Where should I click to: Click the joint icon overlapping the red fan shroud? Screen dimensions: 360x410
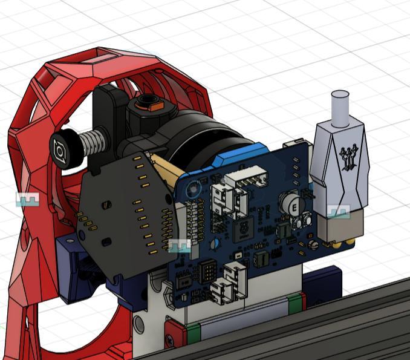tap(27, 199)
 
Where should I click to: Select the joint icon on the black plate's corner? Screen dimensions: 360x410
tap(180, 246)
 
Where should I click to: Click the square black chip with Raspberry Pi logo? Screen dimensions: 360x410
tap(241, 228)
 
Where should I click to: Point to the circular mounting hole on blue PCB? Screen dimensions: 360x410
tap(193, 188)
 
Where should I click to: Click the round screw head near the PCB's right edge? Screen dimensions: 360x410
tap(313, 245)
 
